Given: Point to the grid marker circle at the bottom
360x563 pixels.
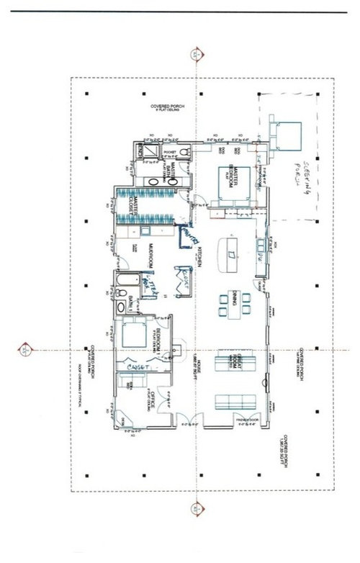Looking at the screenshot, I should pyautogui.click(x=196, y=508).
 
